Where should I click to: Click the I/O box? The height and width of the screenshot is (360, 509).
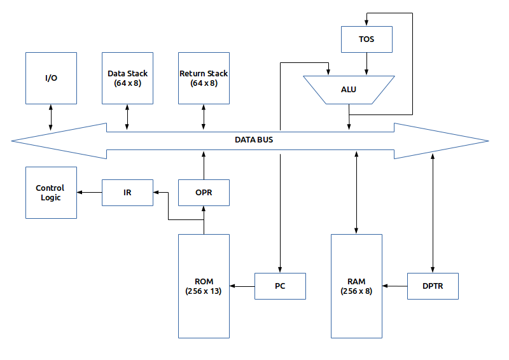(51, 78)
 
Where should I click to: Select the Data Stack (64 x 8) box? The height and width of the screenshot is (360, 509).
(127, 78)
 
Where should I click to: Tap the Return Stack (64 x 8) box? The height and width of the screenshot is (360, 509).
(204, 78)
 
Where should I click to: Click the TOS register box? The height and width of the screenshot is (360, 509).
(366, 39)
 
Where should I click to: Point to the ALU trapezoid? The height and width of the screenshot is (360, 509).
(349, 89)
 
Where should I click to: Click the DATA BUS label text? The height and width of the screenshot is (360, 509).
(254, 139)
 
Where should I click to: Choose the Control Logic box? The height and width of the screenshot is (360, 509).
(51, 193)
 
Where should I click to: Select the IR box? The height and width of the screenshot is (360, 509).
(127, 193)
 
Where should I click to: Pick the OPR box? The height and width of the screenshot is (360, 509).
(204, 193)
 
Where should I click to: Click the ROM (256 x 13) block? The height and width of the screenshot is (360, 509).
(204, 286)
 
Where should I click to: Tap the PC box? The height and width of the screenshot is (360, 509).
(280, 286)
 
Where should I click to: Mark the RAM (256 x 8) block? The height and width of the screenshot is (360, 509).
(356, 286)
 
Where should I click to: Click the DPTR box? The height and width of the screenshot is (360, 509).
(433, 286)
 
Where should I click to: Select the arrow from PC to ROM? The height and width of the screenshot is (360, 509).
(242, 286)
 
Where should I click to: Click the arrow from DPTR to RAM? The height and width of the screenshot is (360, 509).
(394, 286)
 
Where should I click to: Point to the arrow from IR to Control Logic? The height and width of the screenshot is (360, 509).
(90, 191)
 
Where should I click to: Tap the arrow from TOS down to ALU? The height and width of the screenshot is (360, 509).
(366, 64)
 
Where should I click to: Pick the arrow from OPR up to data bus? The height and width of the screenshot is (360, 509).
(204, 165)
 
